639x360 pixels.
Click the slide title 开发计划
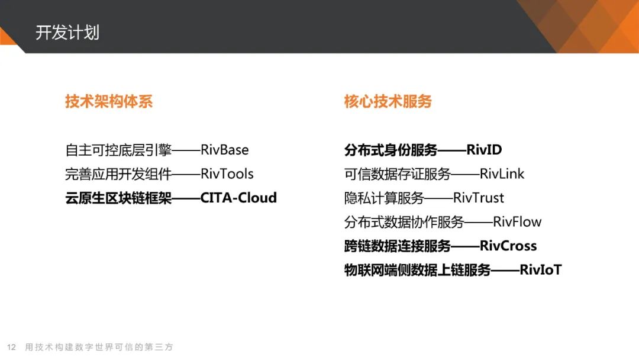pos(67,33)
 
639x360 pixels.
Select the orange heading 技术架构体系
pos(109,101)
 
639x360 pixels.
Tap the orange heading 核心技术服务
pos(388,101)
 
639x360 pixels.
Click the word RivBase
pos(225,150)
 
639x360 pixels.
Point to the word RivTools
pos(227,174)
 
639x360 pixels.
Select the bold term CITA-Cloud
pos(238,198)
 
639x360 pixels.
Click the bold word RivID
pos(484,150)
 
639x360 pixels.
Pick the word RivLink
pos(502,174)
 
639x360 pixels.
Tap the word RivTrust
pos(479,198)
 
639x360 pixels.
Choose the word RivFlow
pos(517,222)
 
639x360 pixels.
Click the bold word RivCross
pos(508,246)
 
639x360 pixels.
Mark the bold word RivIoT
pos(541,270)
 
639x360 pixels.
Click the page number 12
pos(11,347)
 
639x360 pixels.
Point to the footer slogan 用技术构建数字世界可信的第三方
pos(99,347)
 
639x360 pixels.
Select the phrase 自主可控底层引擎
pos(118,150)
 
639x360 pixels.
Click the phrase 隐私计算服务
pos(385,198)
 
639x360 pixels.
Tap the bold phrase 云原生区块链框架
pos(118,198)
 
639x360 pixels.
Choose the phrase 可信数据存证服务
pos(398,174)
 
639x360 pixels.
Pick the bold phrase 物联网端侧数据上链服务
pos(417,270)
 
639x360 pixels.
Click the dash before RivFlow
pos(479,223)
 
